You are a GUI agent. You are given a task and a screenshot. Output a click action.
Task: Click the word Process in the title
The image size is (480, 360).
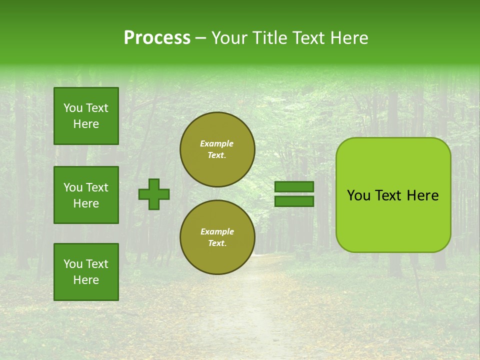pos(157,38)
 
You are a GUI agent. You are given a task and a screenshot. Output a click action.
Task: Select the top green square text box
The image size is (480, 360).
pos(86,116)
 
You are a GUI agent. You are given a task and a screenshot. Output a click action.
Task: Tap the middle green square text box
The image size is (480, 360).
pos(86,195)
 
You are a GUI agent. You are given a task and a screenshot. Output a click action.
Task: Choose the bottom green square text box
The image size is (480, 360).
pos(86,272)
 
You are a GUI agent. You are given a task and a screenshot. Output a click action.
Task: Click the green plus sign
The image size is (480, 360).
pos(154,194)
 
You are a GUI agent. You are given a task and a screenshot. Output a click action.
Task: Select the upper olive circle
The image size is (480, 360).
pos(217,149)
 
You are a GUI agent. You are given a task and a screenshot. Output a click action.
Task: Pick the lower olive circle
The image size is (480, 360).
pos(217,237)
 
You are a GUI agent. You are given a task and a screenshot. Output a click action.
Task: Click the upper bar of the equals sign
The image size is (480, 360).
pos(294,187)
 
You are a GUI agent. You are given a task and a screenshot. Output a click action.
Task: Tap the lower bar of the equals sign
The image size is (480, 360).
pos(294,201)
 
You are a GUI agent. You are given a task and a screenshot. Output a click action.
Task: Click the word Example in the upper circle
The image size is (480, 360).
pos(216,143)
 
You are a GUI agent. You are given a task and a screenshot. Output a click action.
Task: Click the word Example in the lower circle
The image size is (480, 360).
pos(217,231)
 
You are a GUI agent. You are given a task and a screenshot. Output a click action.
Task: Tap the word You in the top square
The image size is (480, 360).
pos(73,108)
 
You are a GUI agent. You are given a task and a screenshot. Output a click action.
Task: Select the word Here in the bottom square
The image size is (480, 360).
pos(86,280)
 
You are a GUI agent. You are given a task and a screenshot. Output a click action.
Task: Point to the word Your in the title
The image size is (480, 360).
pos(229,38)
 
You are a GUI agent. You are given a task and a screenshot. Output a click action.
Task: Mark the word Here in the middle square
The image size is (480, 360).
pos(86,203)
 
